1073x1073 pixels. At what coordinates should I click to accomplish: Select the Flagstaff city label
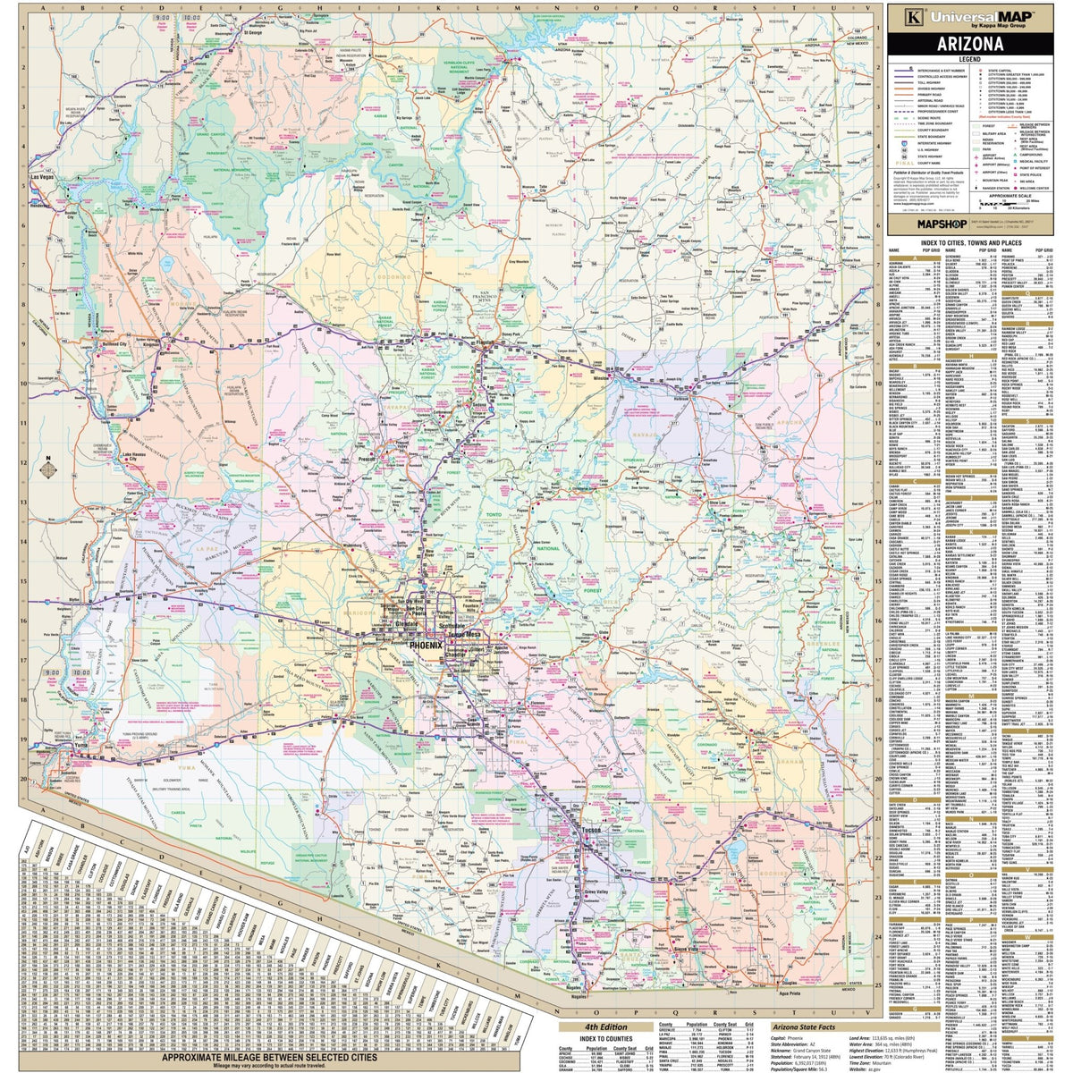(x=486, y=342)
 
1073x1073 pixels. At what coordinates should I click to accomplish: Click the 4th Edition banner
(x=604, y=1027)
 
